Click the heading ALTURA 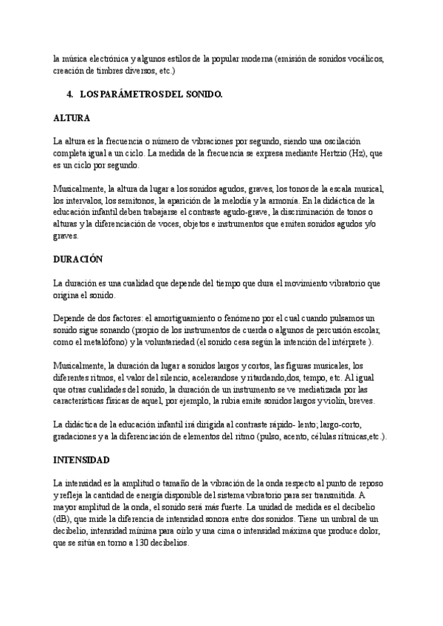pos(72,117)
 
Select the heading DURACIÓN pos(78,259)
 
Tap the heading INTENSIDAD pos(82,460)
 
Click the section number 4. pos(70,95)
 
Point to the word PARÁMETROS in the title pos(146,95)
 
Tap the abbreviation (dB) pos(64,519)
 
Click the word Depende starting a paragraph pos(70,319)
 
